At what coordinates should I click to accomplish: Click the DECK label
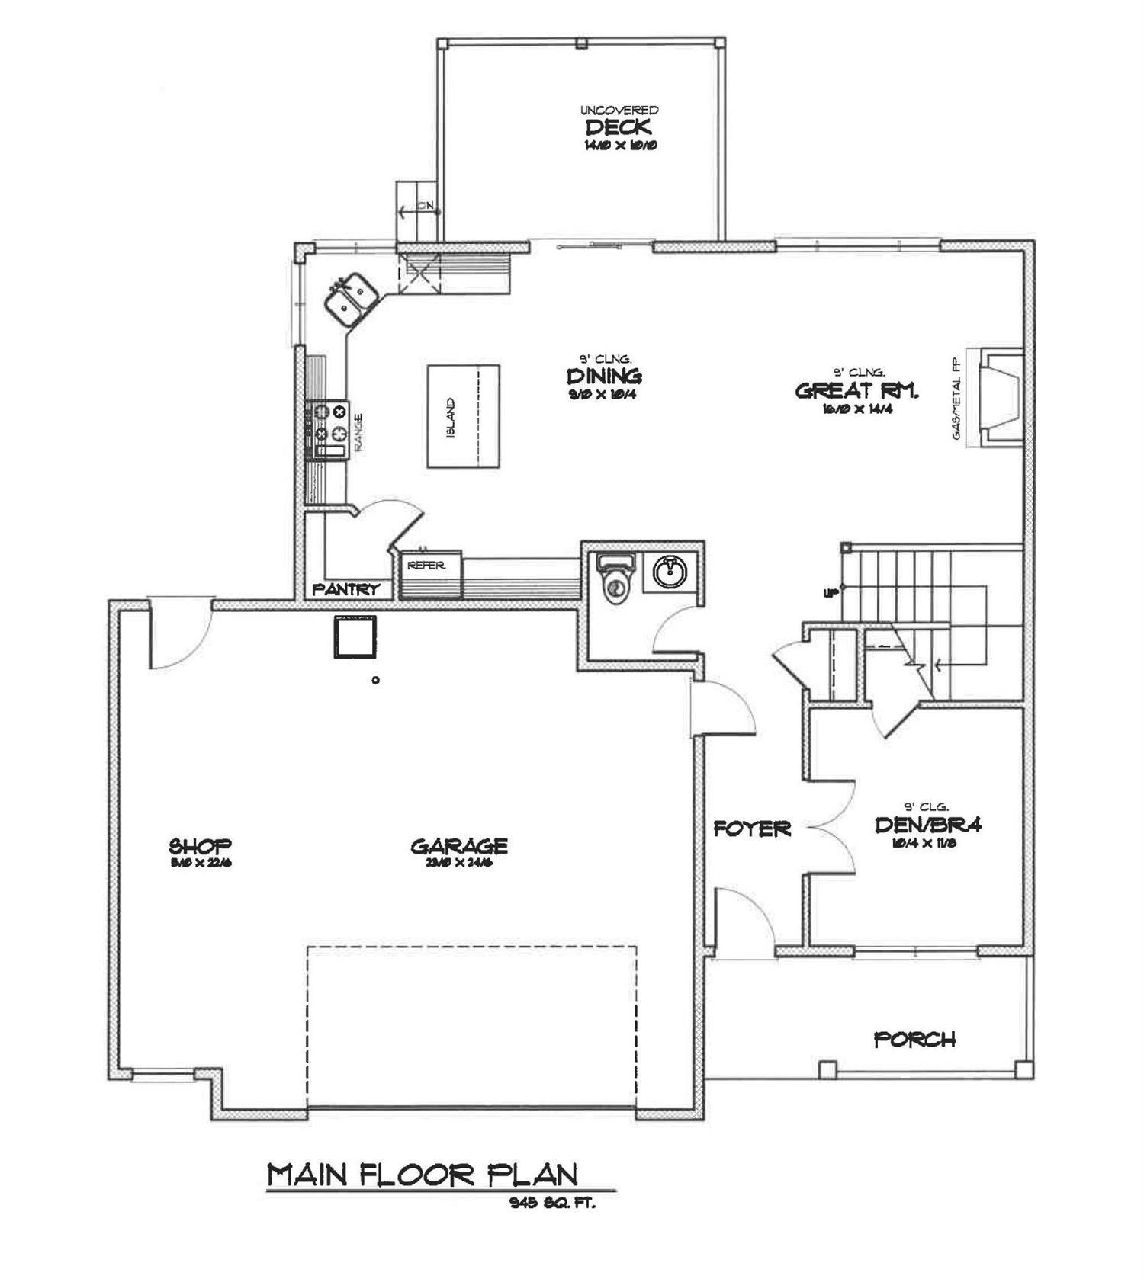[x=618, y=127]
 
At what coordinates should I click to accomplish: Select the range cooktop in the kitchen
[x=328, y=431]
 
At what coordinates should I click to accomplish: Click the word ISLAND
[x=451, y=417]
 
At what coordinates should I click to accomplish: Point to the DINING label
[x=604, y=376]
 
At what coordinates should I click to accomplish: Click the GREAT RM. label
[x=857, y=391]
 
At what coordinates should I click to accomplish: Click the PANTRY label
[x=345, y=589]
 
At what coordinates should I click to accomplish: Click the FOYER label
[x=752, y=829]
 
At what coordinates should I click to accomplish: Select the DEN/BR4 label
[x=927, y=825]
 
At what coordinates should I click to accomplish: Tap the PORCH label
[x=914, y=1040]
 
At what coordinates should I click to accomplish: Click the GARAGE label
[x=459, y=846]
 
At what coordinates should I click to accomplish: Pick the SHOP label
[x=200, y=846]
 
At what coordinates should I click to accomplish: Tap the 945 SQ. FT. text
[x=552, y=1204]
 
